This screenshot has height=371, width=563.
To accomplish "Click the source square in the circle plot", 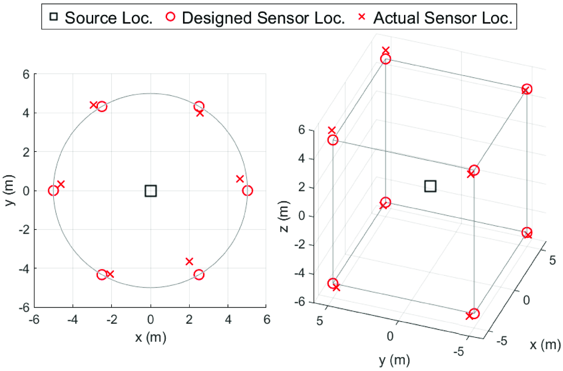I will pyautogui.click(x=150, y=191).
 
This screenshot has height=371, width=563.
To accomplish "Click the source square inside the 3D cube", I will pyautogui.click(x=430, y=186).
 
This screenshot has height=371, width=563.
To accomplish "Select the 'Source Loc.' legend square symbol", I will pyautogui.click(x=54, y=17).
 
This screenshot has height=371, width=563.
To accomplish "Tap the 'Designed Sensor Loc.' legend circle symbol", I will pyautogui.click(x=170, y=17).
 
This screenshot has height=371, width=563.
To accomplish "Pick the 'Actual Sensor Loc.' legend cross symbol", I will pyautogui.click(x=362, y=17).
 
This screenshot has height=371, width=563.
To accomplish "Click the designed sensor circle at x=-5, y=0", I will pyautogui.click(x=53, y=191).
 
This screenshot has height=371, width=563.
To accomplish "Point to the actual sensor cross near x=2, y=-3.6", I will pyautogui.click(x=189, y=261).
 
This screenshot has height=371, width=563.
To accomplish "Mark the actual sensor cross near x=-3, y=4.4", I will pyautogui.click(x=94, y=105).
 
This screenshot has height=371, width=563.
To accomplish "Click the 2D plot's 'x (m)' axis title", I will pyautogui.click(x=150, y=337).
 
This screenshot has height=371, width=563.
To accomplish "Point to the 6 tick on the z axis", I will pyautogui.click(x=301, y=130).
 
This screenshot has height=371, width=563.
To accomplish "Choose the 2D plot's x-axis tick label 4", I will pyautogui.click(x=228, y=319).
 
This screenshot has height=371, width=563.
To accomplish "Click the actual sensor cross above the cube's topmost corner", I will pyautogui.click(x=385, y=51).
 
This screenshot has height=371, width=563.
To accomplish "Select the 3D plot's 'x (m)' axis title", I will pyautogui.click(x=545, y=345).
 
